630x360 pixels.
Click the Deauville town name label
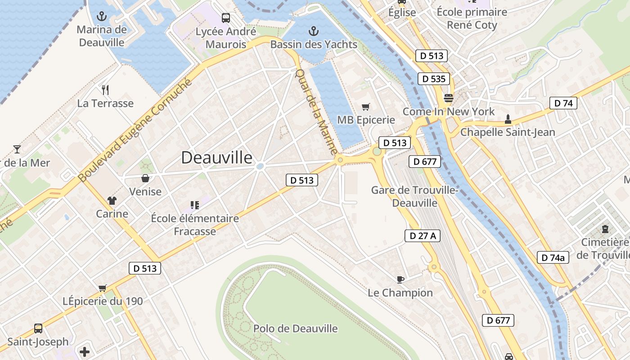point(217,157)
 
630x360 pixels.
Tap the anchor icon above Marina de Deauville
point(102,17)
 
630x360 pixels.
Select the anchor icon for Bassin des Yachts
point(314,31)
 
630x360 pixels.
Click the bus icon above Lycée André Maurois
point(226,18)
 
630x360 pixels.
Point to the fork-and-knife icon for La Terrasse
point(105,90)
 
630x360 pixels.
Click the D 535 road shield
point(434,79)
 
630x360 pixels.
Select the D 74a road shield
point(553,258)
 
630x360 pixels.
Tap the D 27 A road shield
point(422,236)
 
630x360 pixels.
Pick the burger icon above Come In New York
point(448,98)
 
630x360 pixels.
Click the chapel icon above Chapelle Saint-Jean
point(508,119)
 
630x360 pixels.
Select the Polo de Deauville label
point(295,328)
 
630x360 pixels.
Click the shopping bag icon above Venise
point(145,178)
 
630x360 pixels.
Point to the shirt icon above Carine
point(112,201)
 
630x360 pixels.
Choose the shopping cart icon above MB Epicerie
point(366,107)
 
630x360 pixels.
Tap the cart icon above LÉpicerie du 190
point(103,288)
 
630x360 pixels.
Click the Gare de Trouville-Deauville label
point(414,197)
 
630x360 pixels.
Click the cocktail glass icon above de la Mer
point(17,149)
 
